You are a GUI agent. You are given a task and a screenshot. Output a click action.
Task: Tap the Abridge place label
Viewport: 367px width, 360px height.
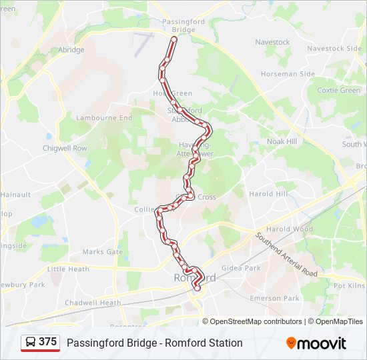(x=71, y=50)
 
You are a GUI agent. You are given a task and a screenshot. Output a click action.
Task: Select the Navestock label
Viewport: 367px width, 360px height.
(x=273, y=43)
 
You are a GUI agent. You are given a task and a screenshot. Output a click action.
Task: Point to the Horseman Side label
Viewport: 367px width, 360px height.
(x=287, y=74)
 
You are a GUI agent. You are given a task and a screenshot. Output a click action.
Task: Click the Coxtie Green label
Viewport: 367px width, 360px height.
(x=338, y=90)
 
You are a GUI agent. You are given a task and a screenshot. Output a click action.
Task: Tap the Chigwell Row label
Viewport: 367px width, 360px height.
(x=65, y=148)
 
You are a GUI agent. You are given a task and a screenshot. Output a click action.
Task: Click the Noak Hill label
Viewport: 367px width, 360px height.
(x=282, y=141)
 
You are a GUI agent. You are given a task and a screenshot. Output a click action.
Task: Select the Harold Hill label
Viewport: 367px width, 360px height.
(x=268, y=194)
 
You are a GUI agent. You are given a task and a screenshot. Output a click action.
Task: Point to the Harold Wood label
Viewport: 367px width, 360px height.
(x=290, y=229)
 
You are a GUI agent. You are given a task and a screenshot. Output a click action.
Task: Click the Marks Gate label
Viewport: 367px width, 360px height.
(x=103, y=252)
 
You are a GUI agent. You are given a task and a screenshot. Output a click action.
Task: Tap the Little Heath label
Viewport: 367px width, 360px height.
(x=68, y=269)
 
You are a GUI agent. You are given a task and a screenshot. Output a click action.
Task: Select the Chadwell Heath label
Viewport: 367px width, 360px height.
(x=93, y=303)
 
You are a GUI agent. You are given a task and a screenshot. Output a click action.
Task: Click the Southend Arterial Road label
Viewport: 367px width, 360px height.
(x=286, y=255)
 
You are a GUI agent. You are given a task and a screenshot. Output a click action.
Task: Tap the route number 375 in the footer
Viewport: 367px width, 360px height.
(x=47, y=342)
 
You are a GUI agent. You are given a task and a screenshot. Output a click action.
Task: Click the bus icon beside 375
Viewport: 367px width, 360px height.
(x=31, y=343)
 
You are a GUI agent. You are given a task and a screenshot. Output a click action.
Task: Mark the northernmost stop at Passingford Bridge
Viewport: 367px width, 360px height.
(x=174, y=39)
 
